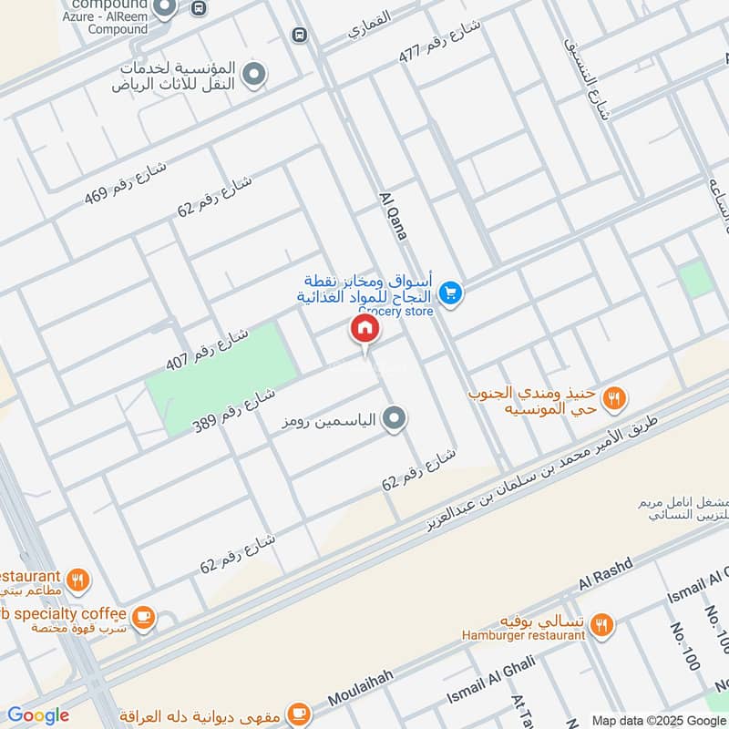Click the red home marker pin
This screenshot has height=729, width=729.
tap(364, 329)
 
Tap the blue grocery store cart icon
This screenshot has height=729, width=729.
tap(449, 293)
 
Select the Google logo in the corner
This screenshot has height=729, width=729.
tap(38, 715)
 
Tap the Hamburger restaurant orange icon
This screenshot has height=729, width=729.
tap(601, 624)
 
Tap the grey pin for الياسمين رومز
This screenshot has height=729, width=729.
tap(394, 418)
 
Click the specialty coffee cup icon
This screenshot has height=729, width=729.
tap(142, 617)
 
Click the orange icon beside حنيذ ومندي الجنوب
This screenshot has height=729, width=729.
tap(614, 396)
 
